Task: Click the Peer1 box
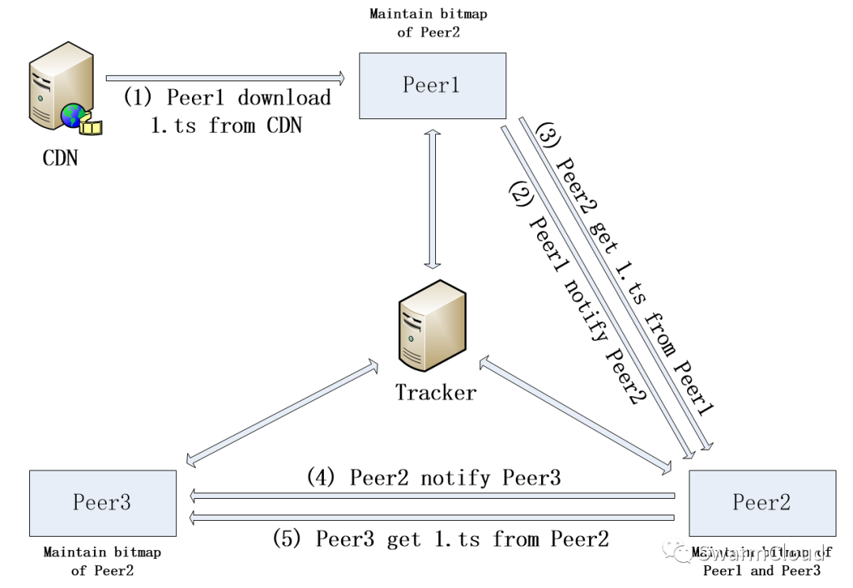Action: pos(432,85)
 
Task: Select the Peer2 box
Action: pos(761,503)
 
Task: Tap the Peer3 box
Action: pos(102,503)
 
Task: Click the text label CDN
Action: pos(60,158)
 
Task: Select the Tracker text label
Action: pos(436,392)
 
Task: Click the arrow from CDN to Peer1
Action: pos(226,77)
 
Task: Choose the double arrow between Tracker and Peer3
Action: pos(280,410)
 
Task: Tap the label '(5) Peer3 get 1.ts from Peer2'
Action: pos(441,539)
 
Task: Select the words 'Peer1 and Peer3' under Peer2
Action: pos(761,571)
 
